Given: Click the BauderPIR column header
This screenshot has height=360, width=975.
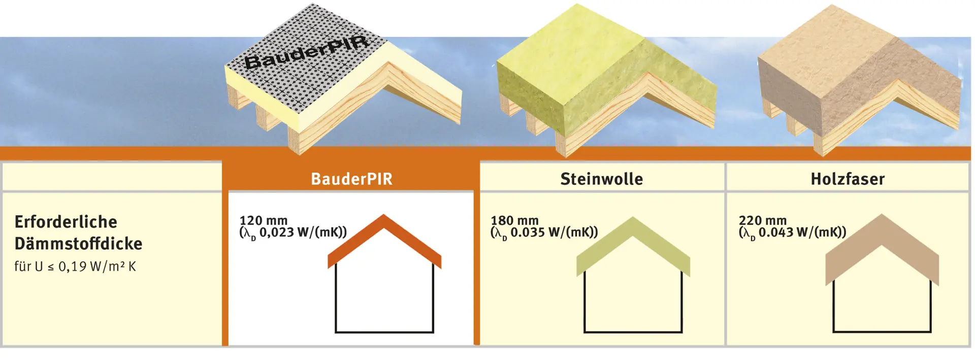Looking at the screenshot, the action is click(x=351, y=179).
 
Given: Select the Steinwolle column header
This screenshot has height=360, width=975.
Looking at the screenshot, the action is click(x=602, y=179).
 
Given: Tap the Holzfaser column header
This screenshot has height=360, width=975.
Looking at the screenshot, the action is click(x=848, y=179).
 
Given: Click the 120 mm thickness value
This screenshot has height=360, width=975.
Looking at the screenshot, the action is click(x=264, y=220).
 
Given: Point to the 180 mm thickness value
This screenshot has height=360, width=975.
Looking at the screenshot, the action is click(x=514, y=220).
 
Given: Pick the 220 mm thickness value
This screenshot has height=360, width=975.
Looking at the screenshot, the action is click(x=763, y=220).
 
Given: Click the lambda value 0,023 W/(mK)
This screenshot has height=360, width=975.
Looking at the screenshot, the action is click(x=293, y=233).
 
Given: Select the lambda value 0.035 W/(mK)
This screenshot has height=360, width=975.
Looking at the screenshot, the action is click(x=544, y=233).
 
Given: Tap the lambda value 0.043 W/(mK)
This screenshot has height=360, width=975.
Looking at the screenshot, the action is click(x=792, y=233).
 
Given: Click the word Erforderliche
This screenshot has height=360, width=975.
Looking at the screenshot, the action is click(x=66, y=222).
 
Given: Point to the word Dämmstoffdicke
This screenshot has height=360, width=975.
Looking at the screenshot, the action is click(x=78, y=244).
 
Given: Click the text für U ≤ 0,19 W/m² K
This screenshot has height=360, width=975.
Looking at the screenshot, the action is click(x=75, y=267).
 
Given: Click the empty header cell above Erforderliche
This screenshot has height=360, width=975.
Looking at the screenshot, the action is click(x=112, y=177).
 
